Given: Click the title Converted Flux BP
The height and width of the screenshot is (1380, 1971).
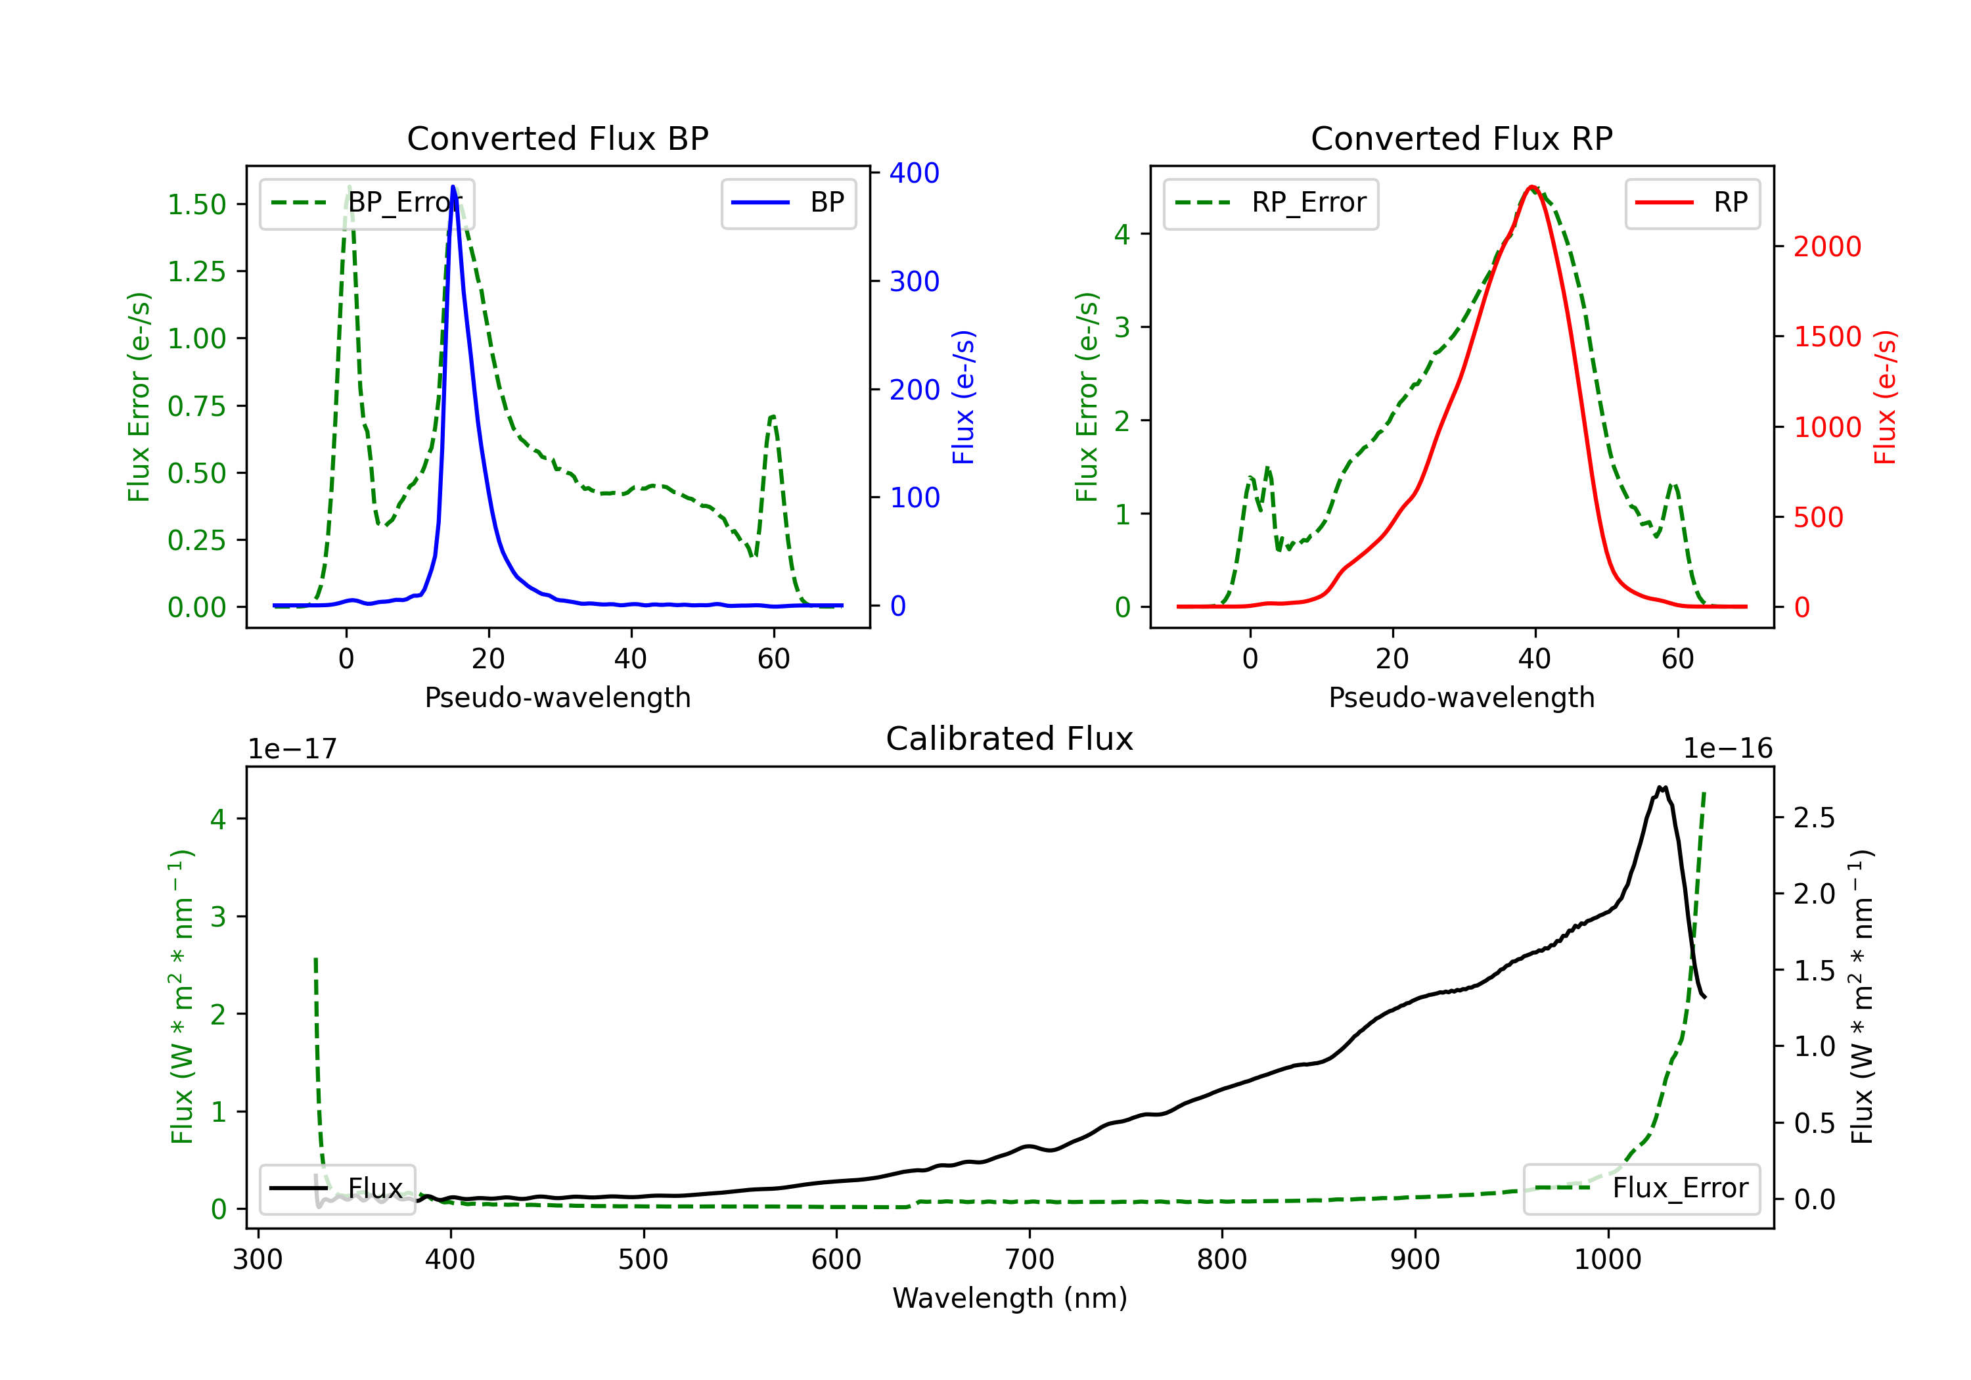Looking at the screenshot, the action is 557,138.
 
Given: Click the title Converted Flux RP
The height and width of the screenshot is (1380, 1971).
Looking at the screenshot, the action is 1461,138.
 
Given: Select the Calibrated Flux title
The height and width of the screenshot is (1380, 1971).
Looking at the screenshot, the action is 1010,739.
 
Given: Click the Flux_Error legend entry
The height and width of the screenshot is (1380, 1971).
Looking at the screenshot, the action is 1641,1189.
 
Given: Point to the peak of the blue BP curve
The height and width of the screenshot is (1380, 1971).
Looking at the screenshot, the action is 453,187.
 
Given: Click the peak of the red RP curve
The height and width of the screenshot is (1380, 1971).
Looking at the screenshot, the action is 1531,187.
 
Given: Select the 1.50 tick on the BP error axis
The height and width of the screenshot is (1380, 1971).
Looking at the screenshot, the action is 196,205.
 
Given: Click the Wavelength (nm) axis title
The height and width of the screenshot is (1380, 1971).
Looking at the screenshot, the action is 1010,1299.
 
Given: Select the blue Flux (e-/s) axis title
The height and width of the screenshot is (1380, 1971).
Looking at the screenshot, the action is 964,398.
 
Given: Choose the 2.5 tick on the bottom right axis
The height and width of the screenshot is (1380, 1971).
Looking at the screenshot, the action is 1814,818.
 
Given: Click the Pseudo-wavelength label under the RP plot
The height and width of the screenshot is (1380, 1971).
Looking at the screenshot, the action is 1461,697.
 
